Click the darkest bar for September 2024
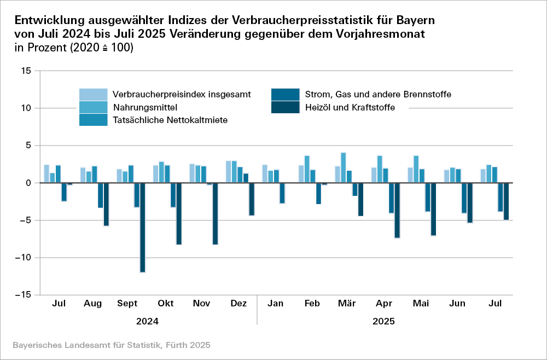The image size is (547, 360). [143, 227]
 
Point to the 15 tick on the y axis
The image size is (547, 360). [25, 71]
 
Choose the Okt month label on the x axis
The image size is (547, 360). [166, 303]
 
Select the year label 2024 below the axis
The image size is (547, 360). [148, 322]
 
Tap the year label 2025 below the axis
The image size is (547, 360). [383, 322]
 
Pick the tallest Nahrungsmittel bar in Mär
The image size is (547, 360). [343, 168]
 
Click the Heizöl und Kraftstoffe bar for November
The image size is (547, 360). [216, 213]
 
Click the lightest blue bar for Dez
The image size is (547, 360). [229, 172]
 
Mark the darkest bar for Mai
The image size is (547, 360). [433, 209]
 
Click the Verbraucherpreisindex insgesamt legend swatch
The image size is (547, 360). [94, 94]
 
